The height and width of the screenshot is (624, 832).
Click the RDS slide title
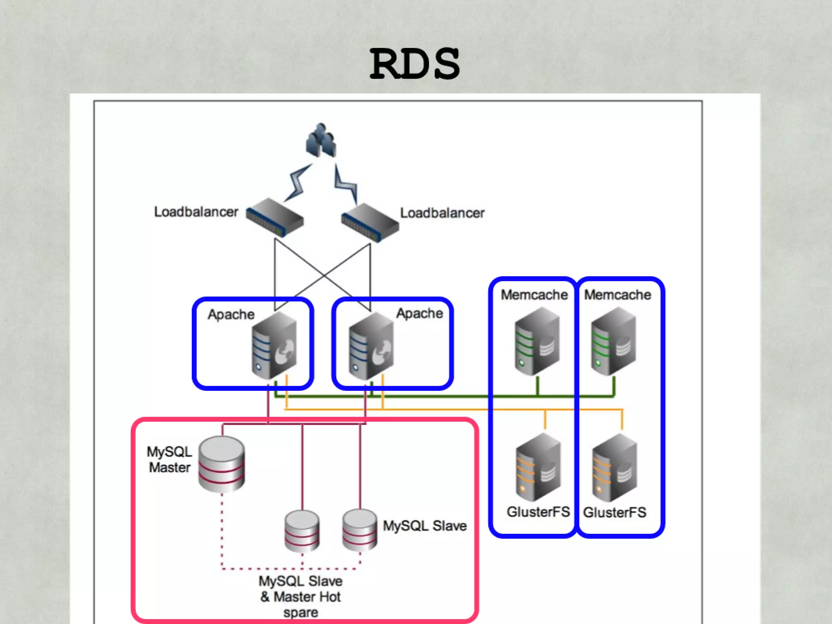pos(415,64)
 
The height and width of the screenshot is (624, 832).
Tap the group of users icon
pos(321,141)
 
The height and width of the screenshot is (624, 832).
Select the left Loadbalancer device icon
pos(275,217)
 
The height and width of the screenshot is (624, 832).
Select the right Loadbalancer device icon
pos(370,222)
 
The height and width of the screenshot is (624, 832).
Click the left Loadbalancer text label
pos(196,212)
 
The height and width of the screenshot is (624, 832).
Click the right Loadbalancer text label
pos(442,213)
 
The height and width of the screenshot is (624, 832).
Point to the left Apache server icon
pos(274,345)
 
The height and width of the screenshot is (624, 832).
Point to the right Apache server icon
pos(371,345)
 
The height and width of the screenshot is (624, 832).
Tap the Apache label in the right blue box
pos(419,313)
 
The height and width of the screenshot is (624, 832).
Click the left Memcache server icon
pos(537,341)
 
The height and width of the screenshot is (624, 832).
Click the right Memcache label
pos(617,295)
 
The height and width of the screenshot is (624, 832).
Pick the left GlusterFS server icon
pos(538,467)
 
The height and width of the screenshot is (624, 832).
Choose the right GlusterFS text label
pos(615,512)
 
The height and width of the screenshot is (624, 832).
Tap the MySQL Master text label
pos(169,459)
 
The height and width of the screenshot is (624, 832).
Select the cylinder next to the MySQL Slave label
pos(360,530)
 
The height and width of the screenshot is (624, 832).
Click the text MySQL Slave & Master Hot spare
pos(301,596)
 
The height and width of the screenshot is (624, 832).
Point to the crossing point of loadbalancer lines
pos(324,275)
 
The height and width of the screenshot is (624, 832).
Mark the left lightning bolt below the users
pos(298,183)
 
